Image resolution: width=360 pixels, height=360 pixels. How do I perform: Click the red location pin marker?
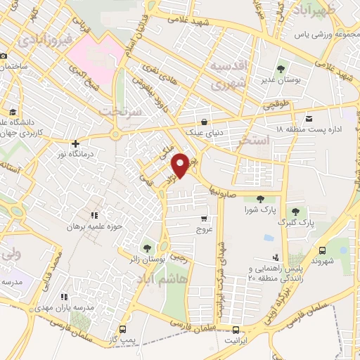click(x=181, y=164)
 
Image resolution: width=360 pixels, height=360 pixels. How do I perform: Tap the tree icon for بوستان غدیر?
click(x=281, y=69)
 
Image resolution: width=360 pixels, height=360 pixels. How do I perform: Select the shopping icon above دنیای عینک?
click(x=204, y=120)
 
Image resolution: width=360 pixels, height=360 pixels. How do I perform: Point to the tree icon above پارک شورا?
click(x=261, y=198)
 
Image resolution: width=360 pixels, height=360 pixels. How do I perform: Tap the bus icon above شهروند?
click(x=322, y=250)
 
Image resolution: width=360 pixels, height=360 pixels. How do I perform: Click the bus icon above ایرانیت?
click(x=236, y=330)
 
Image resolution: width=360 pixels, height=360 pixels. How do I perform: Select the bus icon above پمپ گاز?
click(x=124, y=329)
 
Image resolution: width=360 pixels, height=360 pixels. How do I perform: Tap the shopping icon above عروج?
click(x=204, y=219)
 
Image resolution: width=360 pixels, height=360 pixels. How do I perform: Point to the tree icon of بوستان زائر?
click(x=147, y=247)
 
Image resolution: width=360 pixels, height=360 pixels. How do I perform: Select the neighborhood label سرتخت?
click(x=120, y=111)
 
